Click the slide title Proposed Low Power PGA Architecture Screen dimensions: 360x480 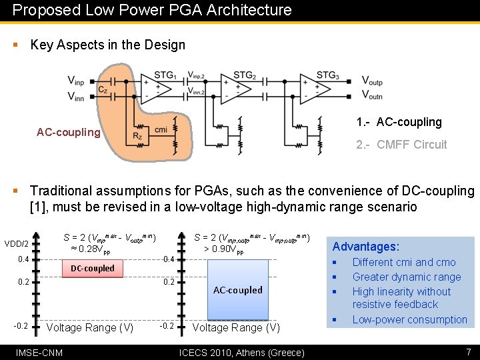click(x=152, y=10)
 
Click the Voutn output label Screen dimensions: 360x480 click(x=372, y=96)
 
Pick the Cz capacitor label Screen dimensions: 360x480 click(x=102, y=89)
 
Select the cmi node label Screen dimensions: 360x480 click(x=160, y=129)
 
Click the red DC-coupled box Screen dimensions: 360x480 click(x=93, y=269)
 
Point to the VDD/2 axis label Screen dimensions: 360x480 click(x=17, y=243)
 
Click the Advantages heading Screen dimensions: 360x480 click(x=366, y=247)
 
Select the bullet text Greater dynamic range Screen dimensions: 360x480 click(x=406, y=277)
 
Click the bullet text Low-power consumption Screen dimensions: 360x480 click(x=409, y=319)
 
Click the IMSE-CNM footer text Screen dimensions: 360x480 click(x=39, y=352)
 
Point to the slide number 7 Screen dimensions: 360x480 click(x=469, y=351)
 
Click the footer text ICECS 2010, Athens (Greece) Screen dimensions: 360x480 click(x=242, y=352)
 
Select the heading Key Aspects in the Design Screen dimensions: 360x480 click(x=107, y=45)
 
